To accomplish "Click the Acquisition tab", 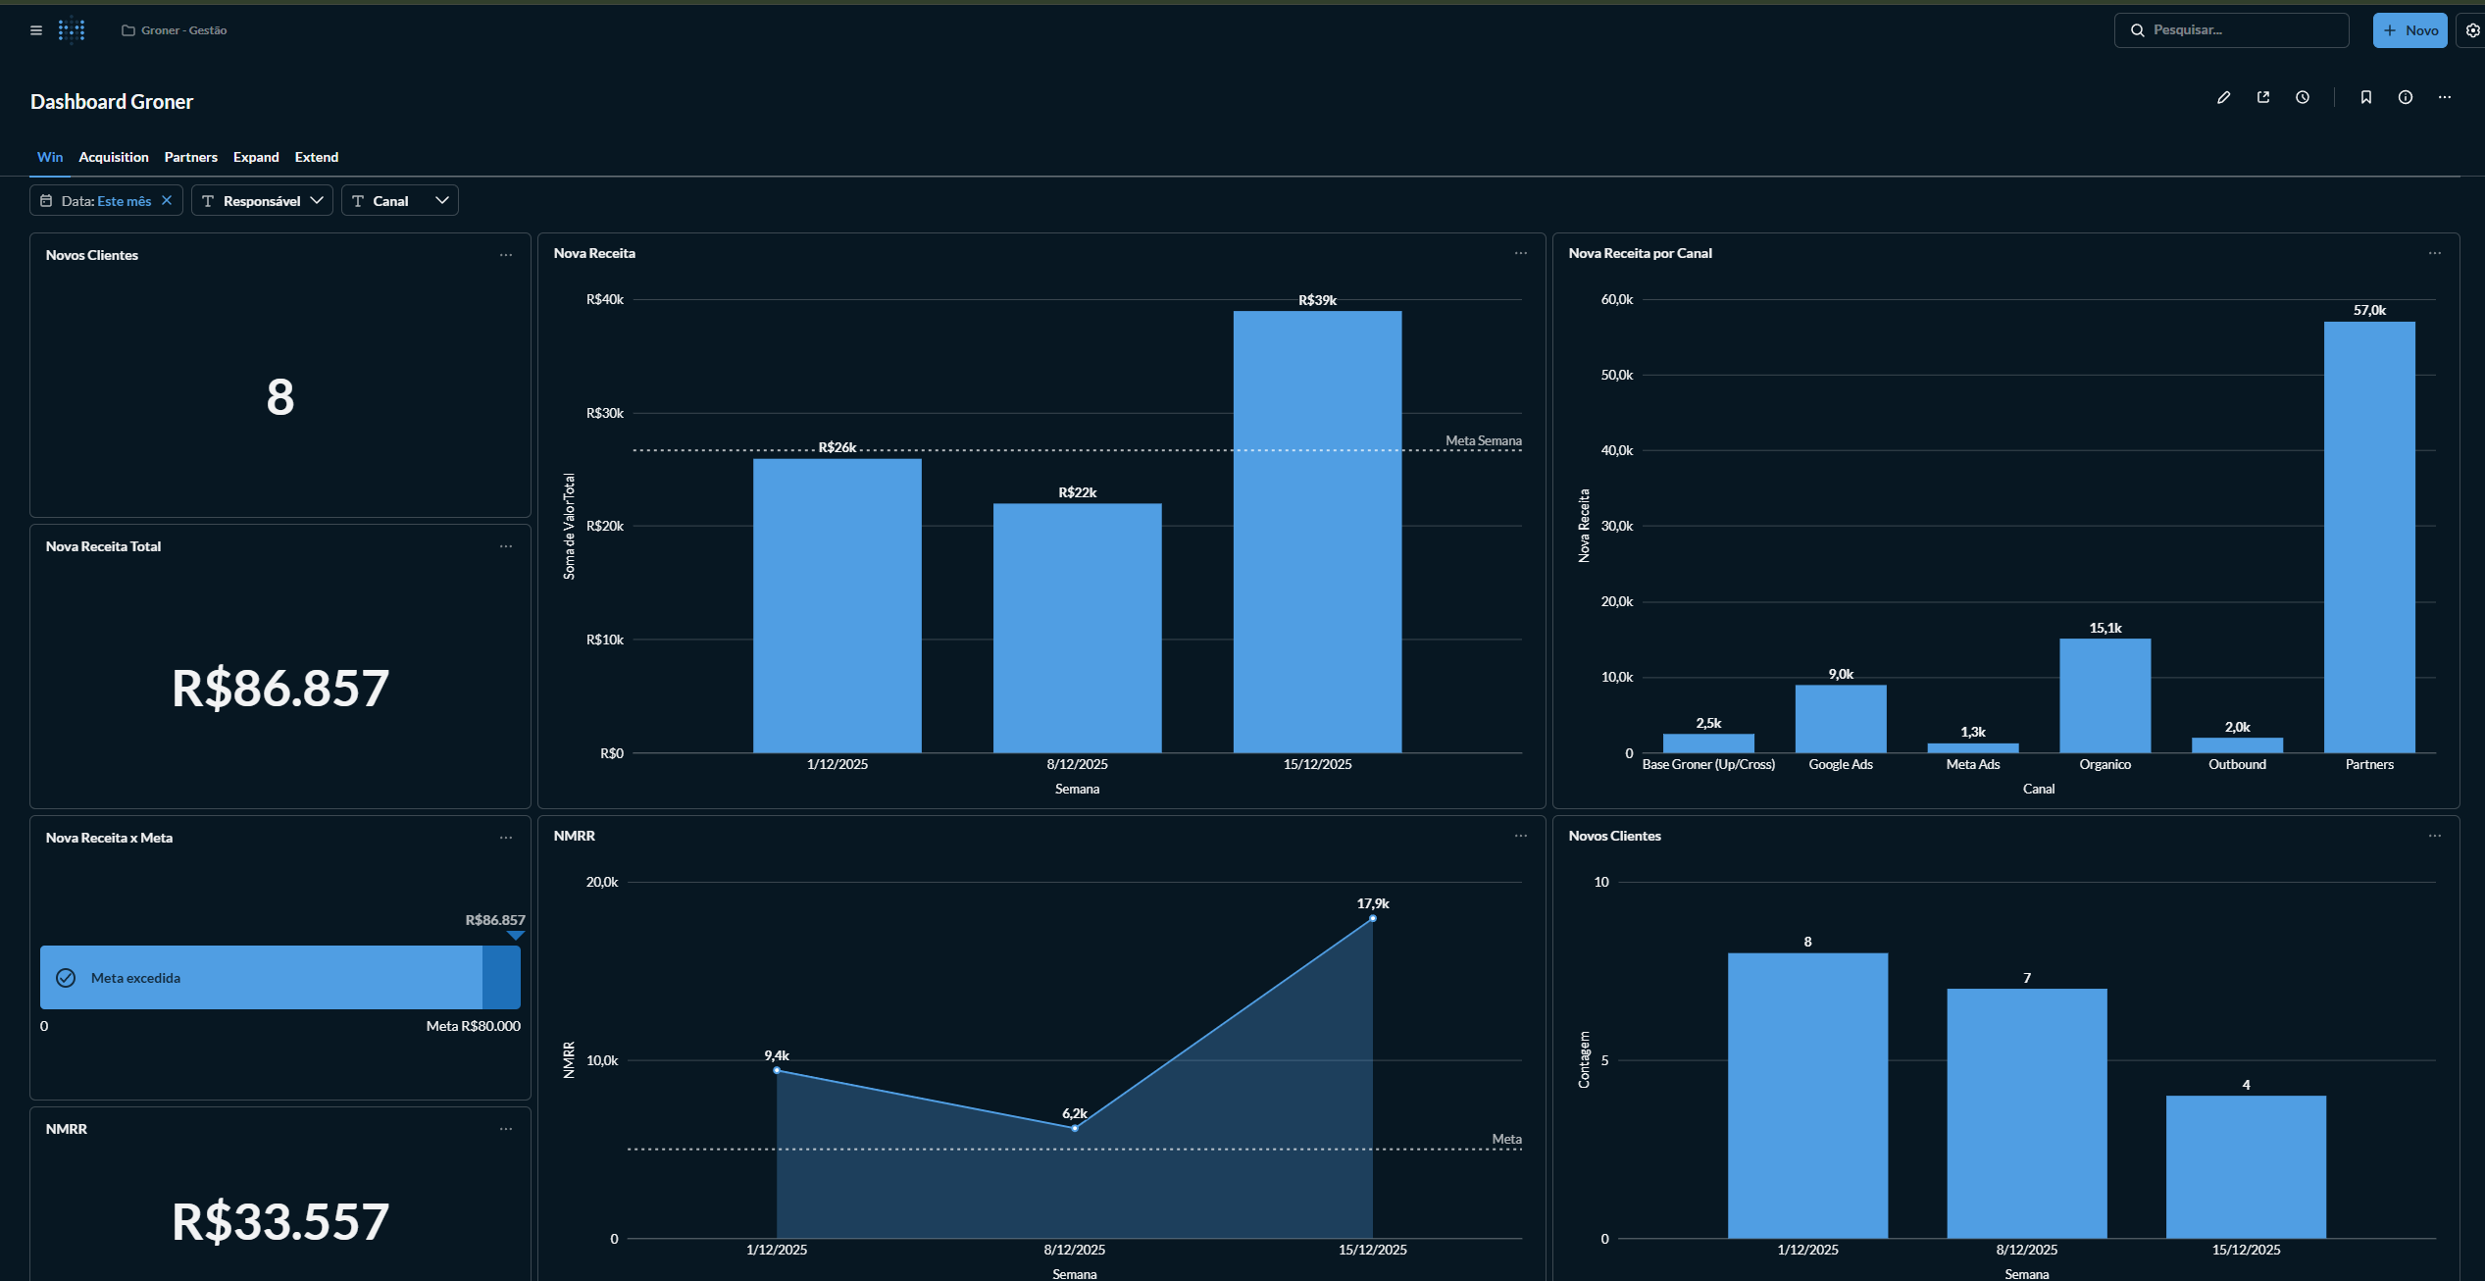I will click(114, 157).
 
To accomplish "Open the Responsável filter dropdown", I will click(262, 201).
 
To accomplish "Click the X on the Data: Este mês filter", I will click(167, 200).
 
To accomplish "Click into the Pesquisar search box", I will click(2241, 30).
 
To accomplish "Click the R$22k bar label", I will click(1077, 492).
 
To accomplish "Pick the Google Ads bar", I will click(1840, 719).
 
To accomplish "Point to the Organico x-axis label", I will click(2105, 764).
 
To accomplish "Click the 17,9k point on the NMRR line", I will click(1372, 918).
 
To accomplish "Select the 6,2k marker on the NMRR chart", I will click(1075, 1128).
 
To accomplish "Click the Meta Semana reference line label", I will click(1483, 440).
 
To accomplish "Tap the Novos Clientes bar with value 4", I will click(2245, 1167).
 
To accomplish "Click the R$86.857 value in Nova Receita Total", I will click(280, 688).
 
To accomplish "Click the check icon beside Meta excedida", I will click(66, 978).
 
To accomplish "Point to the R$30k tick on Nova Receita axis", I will click(604, 413).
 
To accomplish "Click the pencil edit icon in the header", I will click(2223, 97).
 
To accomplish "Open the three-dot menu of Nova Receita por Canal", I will click(2434, 253).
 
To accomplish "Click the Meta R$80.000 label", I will click(473, 1026).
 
